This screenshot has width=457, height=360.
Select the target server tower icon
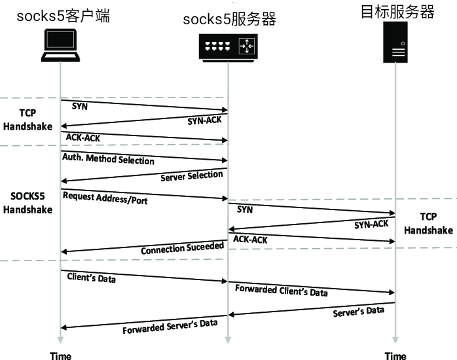[x=395, y=43]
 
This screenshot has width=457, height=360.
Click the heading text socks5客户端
[x=63, y=16]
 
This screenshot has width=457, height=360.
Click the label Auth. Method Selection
[x=109, y=160]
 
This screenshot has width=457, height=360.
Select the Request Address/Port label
[x=105, y=198]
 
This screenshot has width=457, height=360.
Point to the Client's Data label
[x=92, y=278]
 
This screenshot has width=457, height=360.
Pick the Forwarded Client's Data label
[x=282, y=290]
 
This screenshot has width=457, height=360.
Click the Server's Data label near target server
[x=359, y=310]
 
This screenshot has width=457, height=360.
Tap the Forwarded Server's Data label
[x=170, y=326]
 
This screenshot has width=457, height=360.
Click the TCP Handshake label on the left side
[x=26, y=119]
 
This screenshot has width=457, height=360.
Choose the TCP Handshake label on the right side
[x=428, y=223]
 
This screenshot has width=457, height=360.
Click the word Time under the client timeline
[x=61, y=355]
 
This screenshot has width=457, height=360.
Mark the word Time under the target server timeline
[x=395, y=355]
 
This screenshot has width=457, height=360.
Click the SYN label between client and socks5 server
[x=79, y=105]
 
